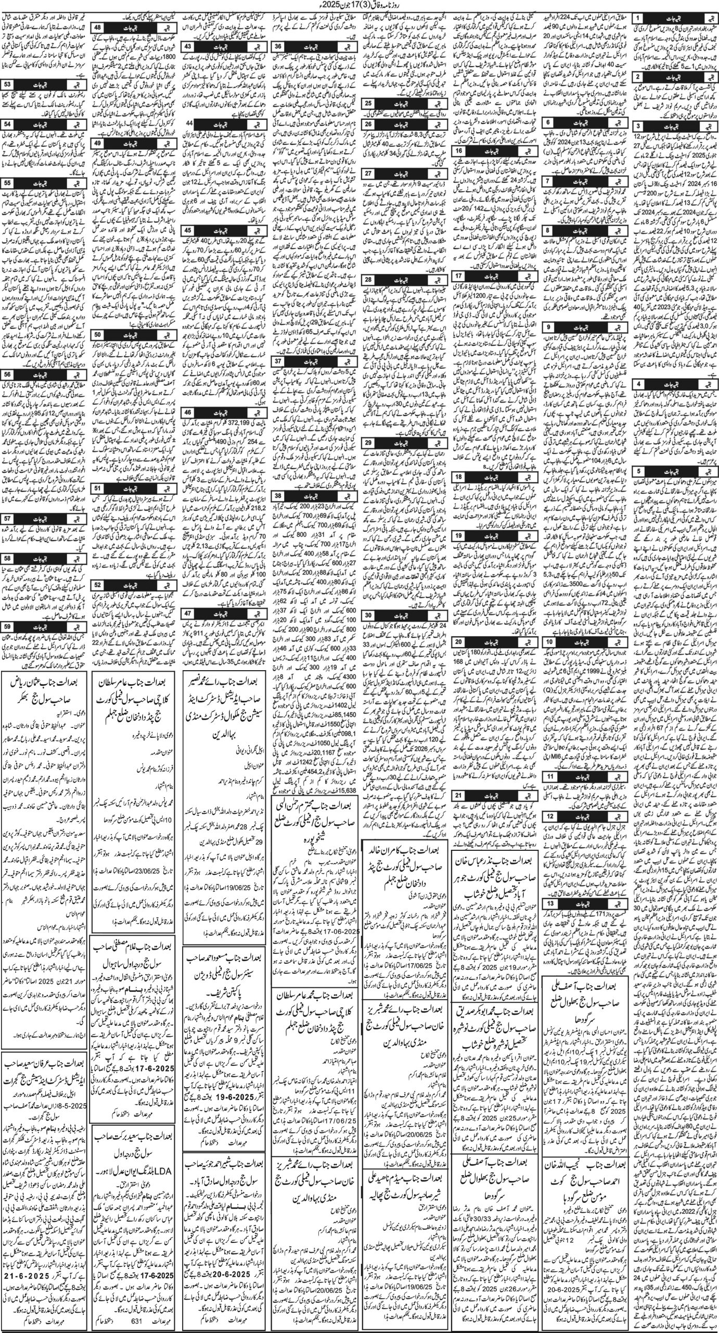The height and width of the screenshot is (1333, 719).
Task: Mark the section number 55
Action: [9, 183]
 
